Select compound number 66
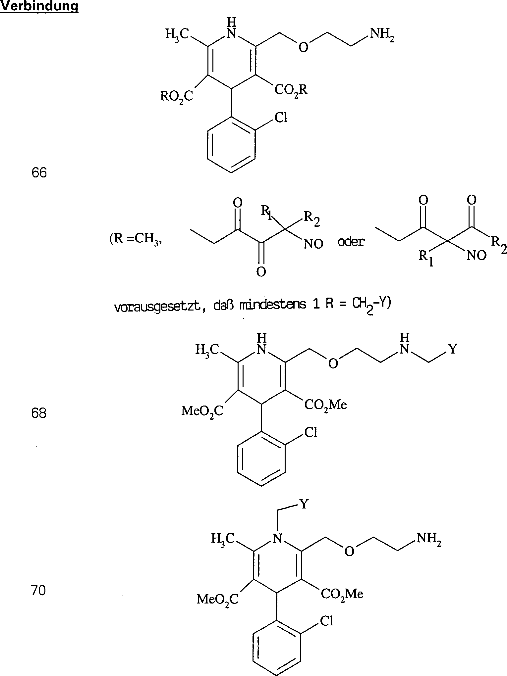click(x=39, y=173)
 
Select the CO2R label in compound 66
click(x=291, y=90)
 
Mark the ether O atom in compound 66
click(x=303, y=48)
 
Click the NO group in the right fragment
click(x=477, y=256)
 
